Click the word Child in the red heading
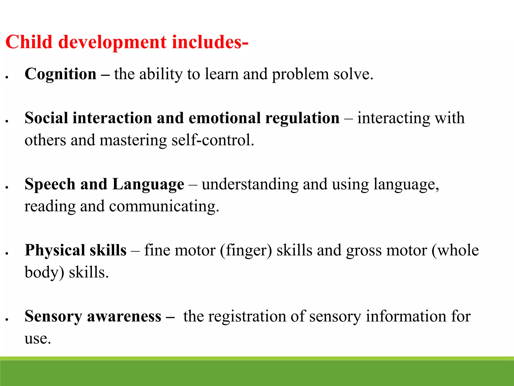point(29,42)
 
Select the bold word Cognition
point(60,74)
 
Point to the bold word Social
point(46,118)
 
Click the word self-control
point(213,140)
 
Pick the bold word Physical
point(55,251)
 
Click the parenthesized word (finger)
point(246,251)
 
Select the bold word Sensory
point(53,316)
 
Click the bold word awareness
point(124,316)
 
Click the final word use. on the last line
point(38,339)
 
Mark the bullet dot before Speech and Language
point(7,187)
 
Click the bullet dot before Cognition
point(7,77)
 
